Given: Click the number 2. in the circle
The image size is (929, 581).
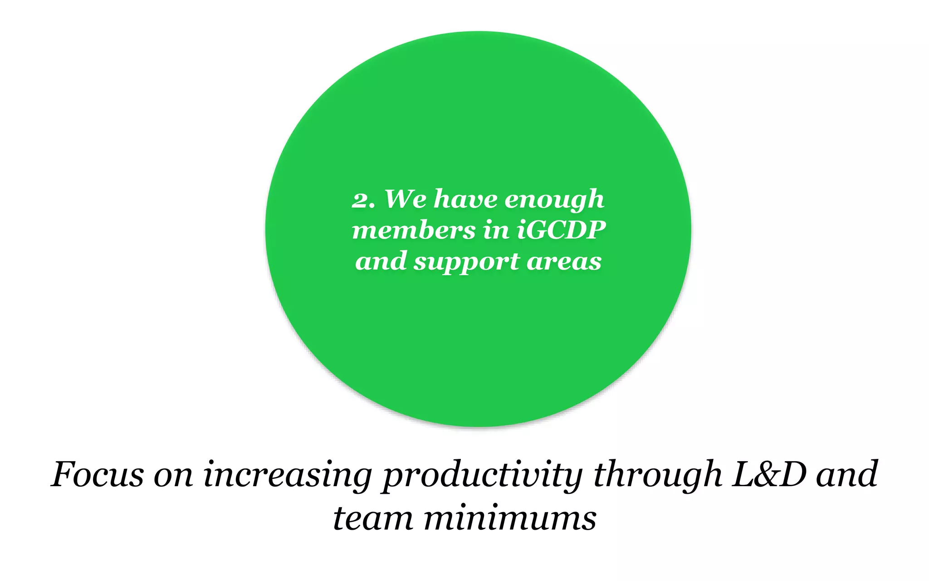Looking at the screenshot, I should [363, 200].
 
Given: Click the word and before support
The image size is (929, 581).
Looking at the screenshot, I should [381, 261].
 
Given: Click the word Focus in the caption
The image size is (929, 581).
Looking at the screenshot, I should [97, 474].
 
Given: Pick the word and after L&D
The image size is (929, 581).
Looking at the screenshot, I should [846, 474].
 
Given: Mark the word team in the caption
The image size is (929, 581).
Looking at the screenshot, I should [373, 519].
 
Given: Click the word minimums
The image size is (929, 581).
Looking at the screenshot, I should [510, 519].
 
